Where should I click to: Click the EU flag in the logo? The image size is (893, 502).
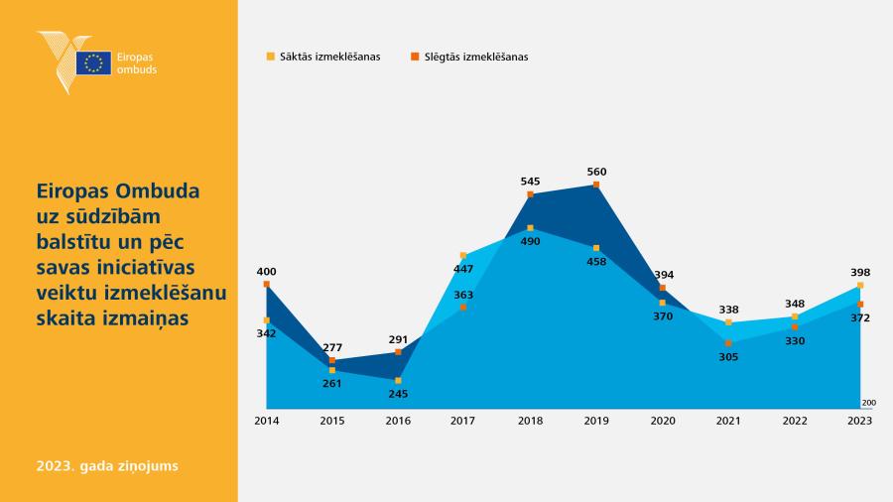click(x=93, y=63)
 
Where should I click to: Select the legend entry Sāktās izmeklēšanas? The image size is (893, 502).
click(x=323, y=57)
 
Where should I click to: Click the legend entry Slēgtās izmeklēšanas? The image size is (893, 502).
click(x=470, y=57)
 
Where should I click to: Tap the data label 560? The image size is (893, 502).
click(x=596, y=172)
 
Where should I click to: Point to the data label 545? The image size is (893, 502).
click(x=530, y=181)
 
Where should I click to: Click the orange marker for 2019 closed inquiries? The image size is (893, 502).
click(x=596, y=185)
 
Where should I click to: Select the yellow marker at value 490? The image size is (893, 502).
click(x=530, y=227)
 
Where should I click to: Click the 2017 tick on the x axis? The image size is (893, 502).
click(x=462, y=421)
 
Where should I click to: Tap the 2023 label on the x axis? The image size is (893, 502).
click(x=859, y=421)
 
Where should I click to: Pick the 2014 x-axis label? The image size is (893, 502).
click(x=267, y=421)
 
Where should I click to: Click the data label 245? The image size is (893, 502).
click(x=398, y=393)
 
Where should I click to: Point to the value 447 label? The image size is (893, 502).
click(x=463, y=269)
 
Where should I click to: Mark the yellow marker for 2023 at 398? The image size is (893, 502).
click(x=860, y=285)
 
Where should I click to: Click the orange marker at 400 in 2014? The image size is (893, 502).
click(x=267, y=284)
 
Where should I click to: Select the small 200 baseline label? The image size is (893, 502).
click(x=868, y=403)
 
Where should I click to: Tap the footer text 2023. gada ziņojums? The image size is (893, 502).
click(x=107, y=465)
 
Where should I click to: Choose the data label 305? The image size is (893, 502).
click(x=728, y=357)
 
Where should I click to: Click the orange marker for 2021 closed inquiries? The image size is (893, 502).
click(x=728, y=343)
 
